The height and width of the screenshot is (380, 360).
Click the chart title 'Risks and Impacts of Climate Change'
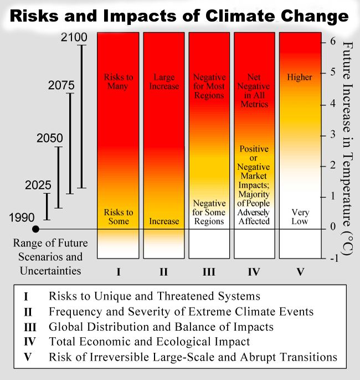tap(179, 16)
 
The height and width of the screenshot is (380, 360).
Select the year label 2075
tap(61, 86)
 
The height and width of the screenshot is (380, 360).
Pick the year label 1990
tap(22, 217)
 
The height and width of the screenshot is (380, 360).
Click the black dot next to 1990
tap(35, 228)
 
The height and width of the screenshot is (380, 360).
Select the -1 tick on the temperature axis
tap(331, 258)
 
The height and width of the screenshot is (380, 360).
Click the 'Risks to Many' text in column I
tap(119, 82)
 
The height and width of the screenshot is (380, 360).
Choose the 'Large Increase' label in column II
tap(166, 82)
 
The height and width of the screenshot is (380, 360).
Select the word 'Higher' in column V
tap(300, 77)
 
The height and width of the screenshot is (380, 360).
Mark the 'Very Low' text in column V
tap(300, 217)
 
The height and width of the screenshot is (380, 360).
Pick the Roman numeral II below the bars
tap(164, 272)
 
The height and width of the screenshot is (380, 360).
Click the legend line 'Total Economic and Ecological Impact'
tap(149, 342)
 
